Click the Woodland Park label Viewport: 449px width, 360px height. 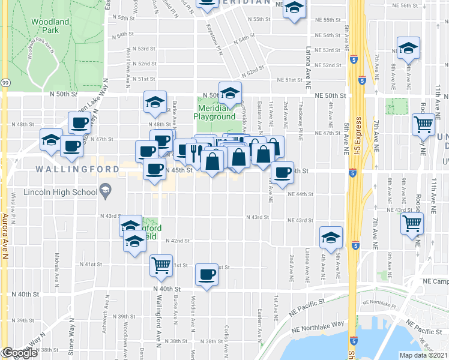click(x=46, y=25)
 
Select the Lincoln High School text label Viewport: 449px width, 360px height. click(x=60, y=193)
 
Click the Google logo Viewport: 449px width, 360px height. click(x=19, y=353)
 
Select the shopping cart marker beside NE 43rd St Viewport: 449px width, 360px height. click(x=412, y=223)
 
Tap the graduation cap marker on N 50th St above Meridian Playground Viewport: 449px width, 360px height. click(x=229, y=93)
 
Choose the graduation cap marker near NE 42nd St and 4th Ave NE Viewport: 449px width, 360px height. click(x=330, y=238)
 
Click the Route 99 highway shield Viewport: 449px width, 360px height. click(x=5, y=82)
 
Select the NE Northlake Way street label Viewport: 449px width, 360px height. click(x=318, y=326)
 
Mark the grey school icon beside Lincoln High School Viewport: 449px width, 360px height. click(x=106, y=192)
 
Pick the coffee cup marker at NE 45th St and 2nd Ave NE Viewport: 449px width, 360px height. click(x=282, y=173)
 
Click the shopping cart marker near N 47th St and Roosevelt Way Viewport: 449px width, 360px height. click(x=424, y=124)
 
